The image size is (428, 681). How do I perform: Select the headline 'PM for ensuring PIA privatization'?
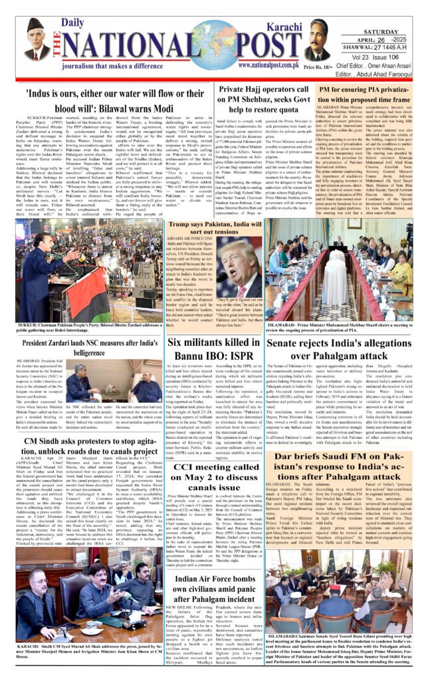pyautogui.click(x=354, y=94)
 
